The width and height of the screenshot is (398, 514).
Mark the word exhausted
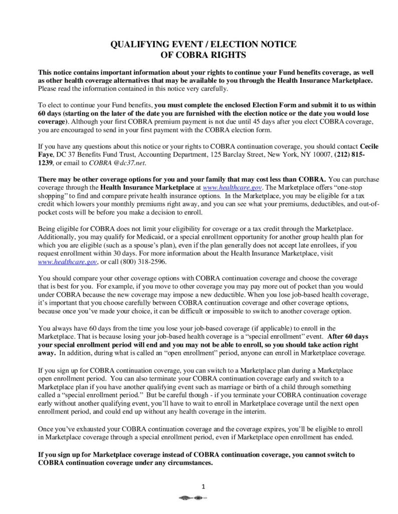click(87, 430)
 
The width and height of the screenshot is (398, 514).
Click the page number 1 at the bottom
click(203, 486)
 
